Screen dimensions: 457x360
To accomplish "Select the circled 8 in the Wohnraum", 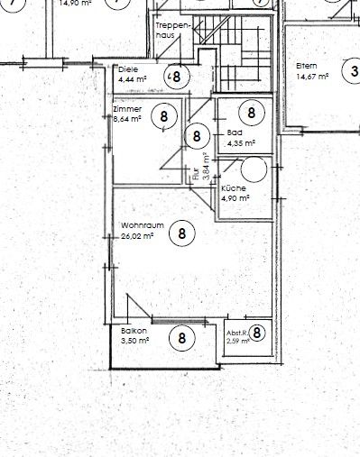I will coord(182,232).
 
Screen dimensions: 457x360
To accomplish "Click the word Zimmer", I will coord(126,108).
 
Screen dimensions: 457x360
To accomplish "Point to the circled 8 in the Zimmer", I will coord(164,115).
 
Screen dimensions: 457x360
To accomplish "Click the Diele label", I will coord(127,69).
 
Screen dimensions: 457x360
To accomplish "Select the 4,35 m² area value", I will coord(240,142).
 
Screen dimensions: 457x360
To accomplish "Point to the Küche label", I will coord(234,187).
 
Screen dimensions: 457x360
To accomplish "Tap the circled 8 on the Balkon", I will coord(182,338).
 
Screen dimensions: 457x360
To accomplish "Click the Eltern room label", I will coord(306,66).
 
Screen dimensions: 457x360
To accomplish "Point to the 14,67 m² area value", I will coord(311,78).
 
